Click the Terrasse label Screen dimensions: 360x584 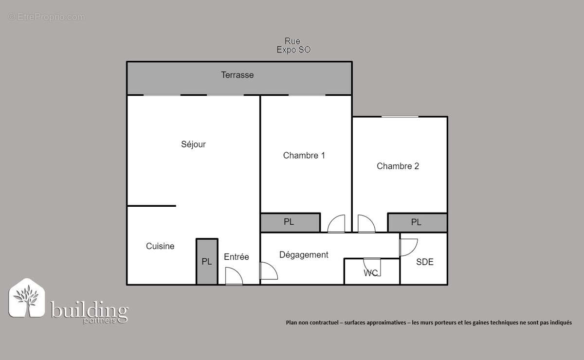(237, 75)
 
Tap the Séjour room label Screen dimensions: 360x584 (193, 144)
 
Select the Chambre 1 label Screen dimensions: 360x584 (304, 156)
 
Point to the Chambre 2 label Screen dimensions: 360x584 (398, 166)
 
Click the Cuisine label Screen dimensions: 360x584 (160, 247)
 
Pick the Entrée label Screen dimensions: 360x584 (237, 257)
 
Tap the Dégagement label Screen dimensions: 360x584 (304, 255)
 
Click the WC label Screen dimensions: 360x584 (371, 273)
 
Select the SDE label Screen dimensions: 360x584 (424, 262)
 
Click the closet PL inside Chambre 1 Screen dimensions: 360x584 (289, 222)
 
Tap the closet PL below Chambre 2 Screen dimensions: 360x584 (416, 222)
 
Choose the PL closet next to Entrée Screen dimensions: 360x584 (207, 262)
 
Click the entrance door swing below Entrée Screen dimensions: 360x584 (234, 276)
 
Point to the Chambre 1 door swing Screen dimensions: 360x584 (336, 224)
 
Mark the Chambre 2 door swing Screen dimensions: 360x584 (366, 224)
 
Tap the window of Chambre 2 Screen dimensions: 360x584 (400, 117)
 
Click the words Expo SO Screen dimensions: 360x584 (293, 50)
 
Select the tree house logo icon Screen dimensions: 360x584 (27, 298)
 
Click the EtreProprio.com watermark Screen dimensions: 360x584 (47, 17)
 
